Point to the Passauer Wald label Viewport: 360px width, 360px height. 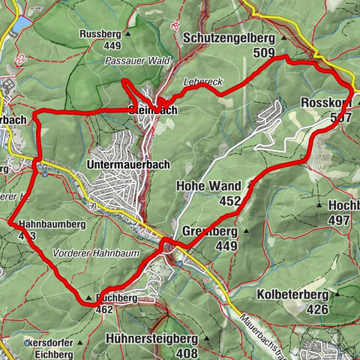[137, 60]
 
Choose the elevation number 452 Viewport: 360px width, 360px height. [229, 200]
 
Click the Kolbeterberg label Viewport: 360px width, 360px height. [297, 293]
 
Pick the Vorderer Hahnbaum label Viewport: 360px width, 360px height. [96, 253]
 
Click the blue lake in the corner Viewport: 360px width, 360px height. [18, 24]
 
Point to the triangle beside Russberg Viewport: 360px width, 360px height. [128, 34]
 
